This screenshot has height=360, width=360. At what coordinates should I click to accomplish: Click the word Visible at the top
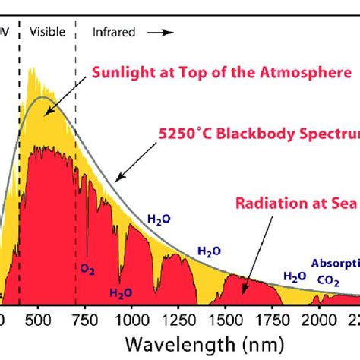pos(46,33)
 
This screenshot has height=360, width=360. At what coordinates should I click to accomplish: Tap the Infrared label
pos(115,33)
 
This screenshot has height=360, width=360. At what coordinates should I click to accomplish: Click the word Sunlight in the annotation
pos(122,74)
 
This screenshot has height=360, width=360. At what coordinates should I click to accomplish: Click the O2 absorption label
pos(88,268)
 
